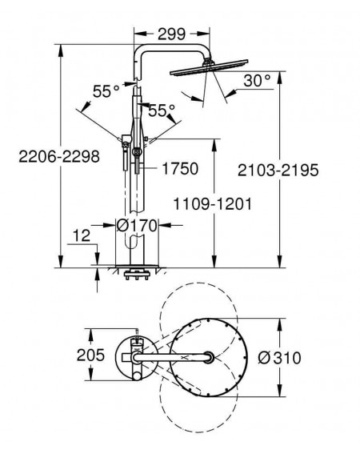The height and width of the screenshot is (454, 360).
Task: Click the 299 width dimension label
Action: tap(171, 34)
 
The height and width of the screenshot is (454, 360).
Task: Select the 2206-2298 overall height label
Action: tap(59, 157)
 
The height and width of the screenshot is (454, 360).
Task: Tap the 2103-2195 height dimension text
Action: tap(278, 171)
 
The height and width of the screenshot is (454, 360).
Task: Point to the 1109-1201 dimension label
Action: tap(213, 204)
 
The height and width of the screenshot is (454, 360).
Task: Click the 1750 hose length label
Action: tap(180, 168)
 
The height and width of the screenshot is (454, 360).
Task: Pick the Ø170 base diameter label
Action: tap(137, 226)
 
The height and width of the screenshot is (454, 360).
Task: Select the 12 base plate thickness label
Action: tap(82, 235)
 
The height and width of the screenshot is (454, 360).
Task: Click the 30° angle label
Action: tap(258, 81)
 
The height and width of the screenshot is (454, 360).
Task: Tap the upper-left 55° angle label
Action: tap(106, 91)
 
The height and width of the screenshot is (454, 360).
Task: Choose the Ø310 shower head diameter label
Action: tap(279, 358)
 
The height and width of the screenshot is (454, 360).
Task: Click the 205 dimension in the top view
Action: tap(90, 355)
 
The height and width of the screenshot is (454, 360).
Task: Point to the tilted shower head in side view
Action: tap(209, 67)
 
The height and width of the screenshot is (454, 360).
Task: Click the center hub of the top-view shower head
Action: tap(208, 357)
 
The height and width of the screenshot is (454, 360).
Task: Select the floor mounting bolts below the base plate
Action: tap(137, 275)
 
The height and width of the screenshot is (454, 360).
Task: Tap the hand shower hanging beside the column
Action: tap(126, 152)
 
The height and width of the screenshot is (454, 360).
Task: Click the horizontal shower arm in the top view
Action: tap(172, 358)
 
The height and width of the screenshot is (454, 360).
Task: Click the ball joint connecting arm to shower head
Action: tap(207, 60)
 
